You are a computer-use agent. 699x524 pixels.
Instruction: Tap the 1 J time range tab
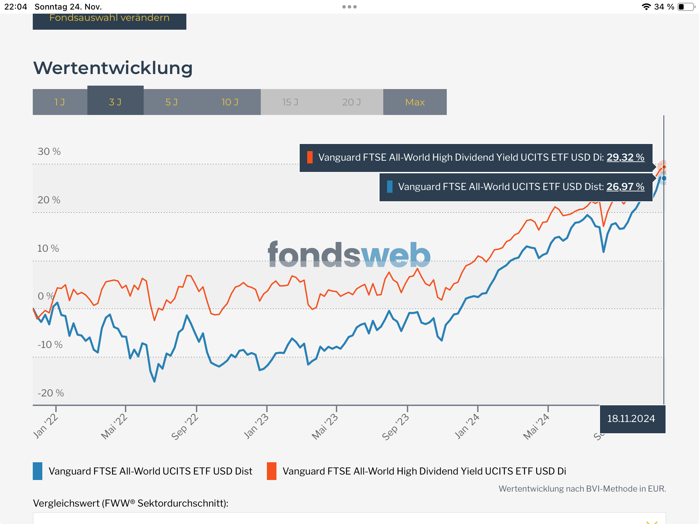(60, 102)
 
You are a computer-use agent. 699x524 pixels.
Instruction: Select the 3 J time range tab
(115, 102)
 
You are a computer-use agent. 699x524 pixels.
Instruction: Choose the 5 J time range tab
(171, 102)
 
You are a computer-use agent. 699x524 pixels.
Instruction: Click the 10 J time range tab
(230, 102)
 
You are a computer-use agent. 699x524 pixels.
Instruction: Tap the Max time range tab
(415, 102)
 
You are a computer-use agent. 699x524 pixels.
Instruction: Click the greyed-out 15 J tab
(290, 102)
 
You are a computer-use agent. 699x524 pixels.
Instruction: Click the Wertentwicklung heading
(113, 68)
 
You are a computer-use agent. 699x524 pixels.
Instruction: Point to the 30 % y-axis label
(49, 151)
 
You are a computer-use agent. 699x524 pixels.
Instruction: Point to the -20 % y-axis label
(51, 393)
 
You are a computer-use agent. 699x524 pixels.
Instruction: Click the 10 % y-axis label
(48, 248)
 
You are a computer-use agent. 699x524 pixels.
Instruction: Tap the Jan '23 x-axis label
(256, 426)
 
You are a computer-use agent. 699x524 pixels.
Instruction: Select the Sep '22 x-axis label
(185, 427)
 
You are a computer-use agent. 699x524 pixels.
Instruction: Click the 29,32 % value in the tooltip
(625, 157)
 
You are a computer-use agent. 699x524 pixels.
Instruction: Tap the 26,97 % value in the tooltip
(625, 187)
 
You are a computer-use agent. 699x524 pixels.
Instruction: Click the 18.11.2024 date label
(631, 419)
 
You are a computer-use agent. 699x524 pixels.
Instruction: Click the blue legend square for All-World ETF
(38, 471)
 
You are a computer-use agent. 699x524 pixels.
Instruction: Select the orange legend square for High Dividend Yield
(272, 471)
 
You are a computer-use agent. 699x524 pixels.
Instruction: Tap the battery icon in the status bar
(686, 7)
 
